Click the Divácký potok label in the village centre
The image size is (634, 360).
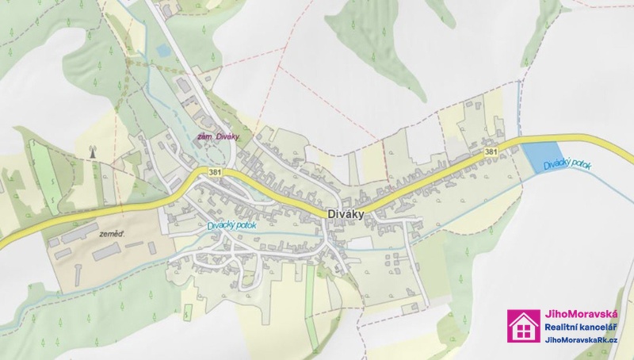tap(235, 225)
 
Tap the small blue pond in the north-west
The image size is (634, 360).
tap(163, 50)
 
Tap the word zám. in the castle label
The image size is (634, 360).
tap(202, 136)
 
